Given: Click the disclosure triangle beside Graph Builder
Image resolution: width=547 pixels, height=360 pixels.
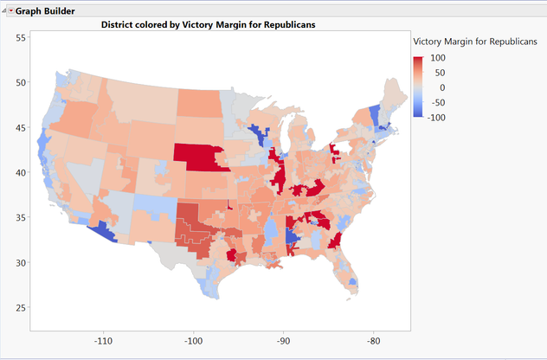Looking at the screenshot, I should click(x=10, y=10).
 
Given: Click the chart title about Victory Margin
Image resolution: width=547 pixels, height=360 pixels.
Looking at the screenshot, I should click(x=208, y=25).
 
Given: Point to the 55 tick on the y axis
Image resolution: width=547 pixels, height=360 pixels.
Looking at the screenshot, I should click(x=21, y=38).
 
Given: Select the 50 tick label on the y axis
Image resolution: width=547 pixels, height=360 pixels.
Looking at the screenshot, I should click(x=21, y=83).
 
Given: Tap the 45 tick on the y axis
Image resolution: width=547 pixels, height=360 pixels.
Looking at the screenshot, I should click(x=21, y=128).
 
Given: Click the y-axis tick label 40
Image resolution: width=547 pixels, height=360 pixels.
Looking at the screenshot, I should click(x=21, y=173).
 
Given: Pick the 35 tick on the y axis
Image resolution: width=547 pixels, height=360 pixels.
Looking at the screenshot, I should click(x=21, y=218).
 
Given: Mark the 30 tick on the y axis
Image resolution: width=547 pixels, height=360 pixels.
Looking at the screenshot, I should click(x=21, y=263).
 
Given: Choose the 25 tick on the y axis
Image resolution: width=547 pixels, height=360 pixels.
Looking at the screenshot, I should click(x=21, y=308).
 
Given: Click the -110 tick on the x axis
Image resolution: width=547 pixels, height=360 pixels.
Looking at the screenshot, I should click(x=104, y=341).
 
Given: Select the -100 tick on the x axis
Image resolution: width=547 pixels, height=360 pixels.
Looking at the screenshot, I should click(x=193, y=341).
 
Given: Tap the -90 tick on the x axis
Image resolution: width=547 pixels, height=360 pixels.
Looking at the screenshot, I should click(x=283, y=341).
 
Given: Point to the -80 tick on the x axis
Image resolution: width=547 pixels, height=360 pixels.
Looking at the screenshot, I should click(x=373, y=341).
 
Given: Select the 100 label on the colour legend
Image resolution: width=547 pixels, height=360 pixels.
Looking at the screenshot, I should click(x=438, y=58).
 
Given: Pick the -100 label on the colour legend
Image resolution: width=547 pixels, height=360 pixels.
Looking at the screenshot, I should click(x=436, y=117).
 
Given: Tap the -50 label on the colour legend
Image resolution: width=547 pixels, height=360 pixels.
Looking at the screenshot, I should click(x=438, y=102).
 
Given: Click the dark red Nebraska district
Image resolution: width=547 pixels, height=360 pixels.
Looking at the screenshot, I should click(x=200, y=157).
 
